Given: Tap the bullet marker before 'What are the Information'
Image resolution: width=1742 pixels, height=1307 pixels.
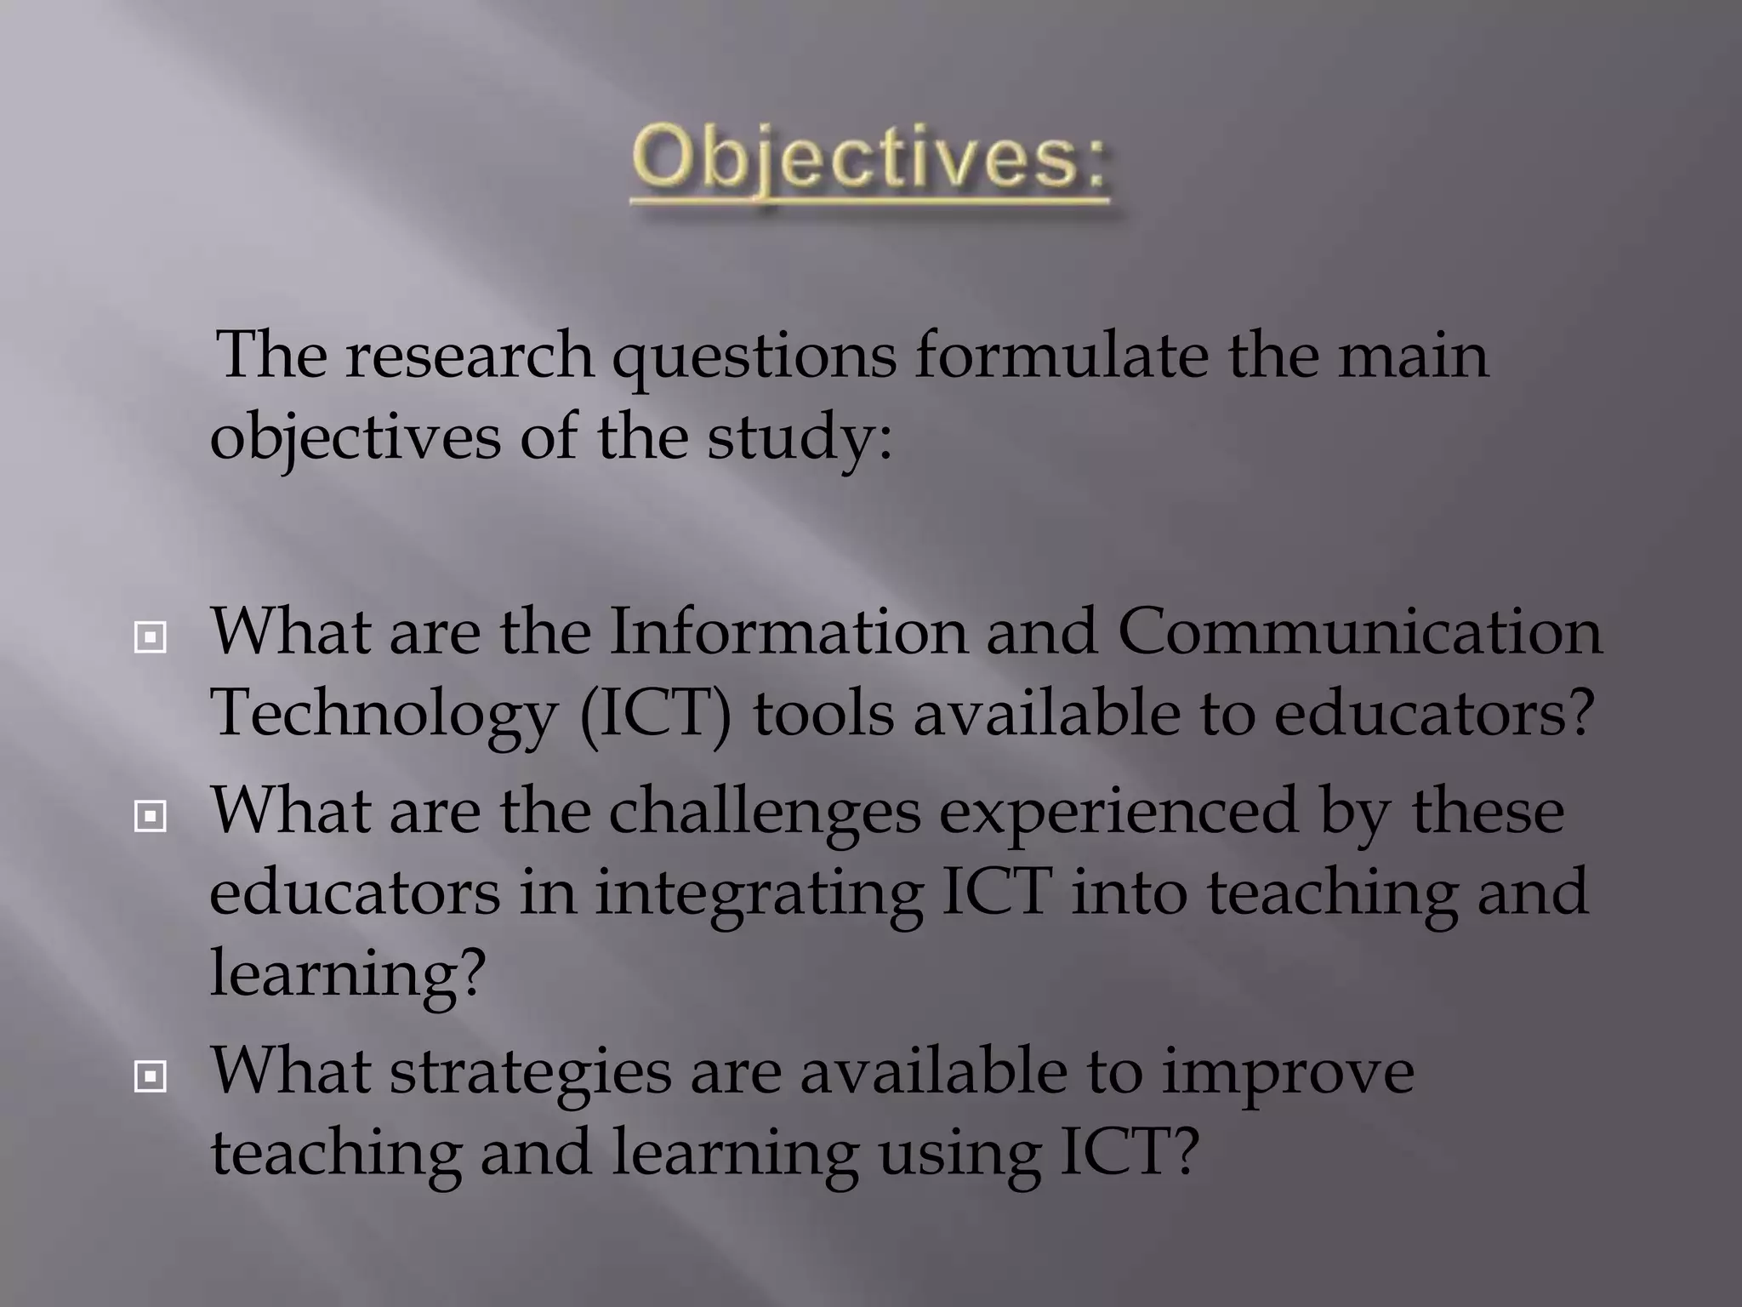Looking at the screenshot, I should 150,637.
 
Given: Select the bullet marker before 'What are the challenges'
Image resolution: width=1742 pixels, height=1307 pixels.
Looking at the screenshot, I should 150,817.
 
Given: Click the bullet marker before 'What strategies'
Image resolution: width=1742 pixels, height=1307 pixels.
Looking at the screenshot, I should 150,1077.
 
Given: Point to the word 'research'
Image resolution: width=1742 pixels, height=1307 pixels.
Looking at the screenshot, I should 470,356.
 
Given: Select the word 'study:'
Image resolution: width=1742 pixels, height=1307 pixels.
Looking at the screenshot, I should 800,439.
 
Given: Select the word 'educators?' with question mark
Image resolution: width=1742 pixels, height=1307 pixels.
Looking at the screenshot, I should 1432,713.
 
